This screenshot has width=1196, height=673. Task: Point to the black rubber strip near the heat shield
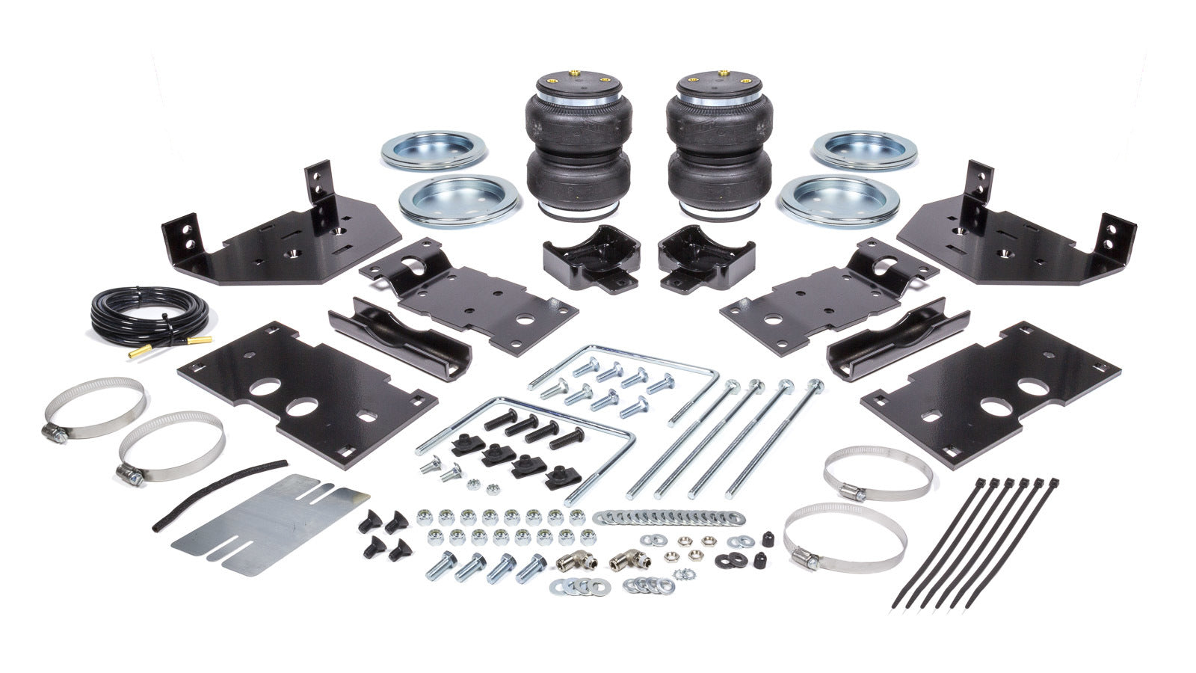click(217, 494)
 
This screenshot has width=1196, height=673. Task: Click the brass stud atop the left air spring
click(576, 73)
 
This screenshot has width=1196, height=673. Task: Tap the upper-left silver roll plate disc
click(434, 150)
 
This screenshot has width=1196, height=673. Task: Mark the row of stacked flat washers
click(669, 517)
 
